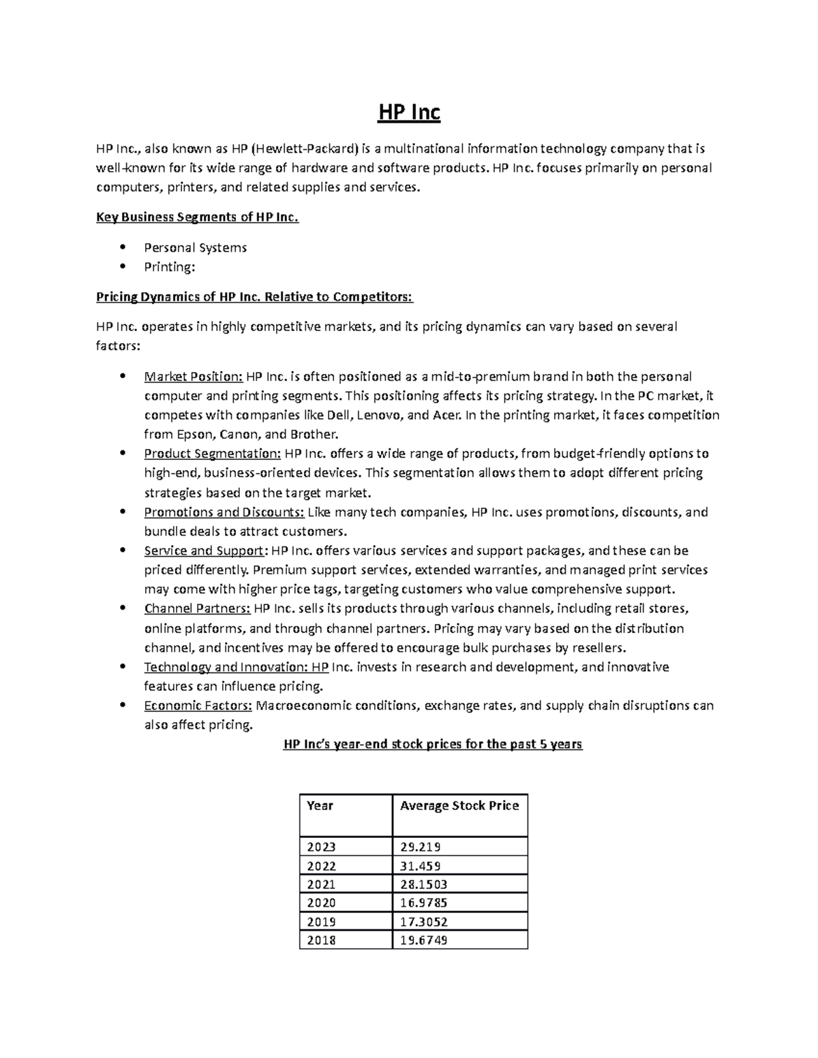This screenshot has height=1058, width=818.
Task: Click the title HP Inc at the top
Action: coord(409,112)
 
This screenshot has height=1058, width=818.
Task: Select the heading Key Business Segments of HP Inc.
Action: coord(197,218)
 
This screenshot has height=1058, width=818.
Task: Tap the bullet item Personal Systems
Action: coord(195,247)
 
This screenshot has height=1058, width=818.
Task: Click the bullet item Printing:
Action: coord(169,267)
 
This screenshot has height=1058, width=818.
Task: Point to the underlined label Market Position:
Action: coord(193,377)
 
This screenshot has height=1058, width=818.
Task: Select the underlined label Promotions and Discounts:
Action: coord(224,512)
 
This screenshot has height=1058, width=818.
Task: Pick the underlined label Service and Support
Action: coord(203,550)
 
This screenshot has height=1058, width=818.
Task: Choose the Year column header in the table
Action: coord(320,806)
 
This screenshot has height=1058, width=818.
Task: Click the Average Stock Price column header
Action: coord(459,806)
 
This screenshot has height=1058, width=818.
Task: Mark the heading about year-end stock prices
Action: coord(432,744)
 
